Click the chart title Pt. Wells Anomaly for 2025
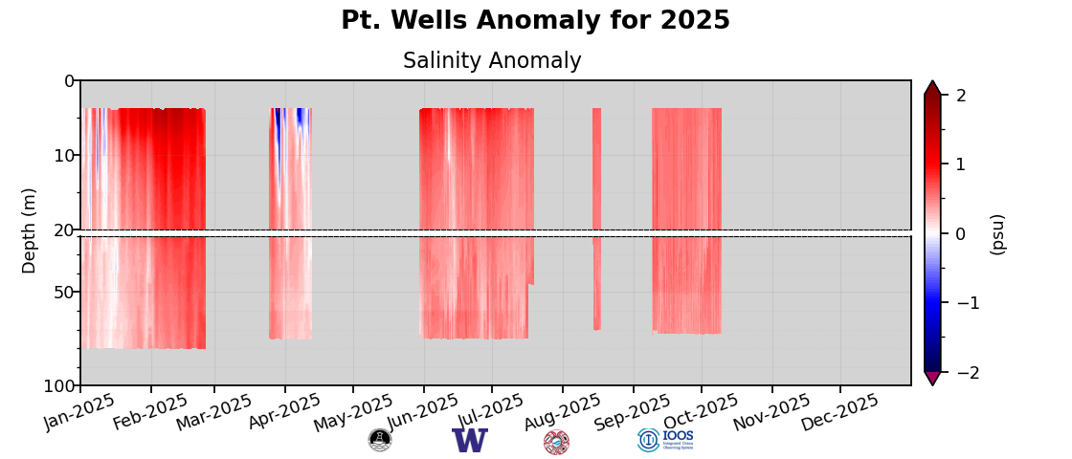pyautogui.click(x=535, y=21)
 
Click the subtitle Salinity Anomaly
pyautogui.click(x=492, y=61)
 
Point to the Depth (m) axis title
pyautogui.click(x=30, y=230)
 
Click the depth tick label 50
pyautogui.click(x=63, y=292)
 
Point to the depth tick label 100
pyautogui.click(x=59, y=385)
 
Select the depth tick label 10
pyautogui.click(x=63, y=155)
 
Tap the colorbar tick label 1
pyautogui.click(x=961, y=164)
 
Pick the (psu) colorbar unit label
pyautogui.click(x=997, y=234)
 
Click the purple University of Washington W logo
pyautogui.click(x=470, y=441)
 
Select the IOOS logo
pyautogui.click(x=665, y=440)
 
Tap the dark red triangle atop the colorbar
pyautogui.click(x=932, y=88)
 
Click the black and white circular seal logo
pyautogui.click(x=380, y=440)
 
